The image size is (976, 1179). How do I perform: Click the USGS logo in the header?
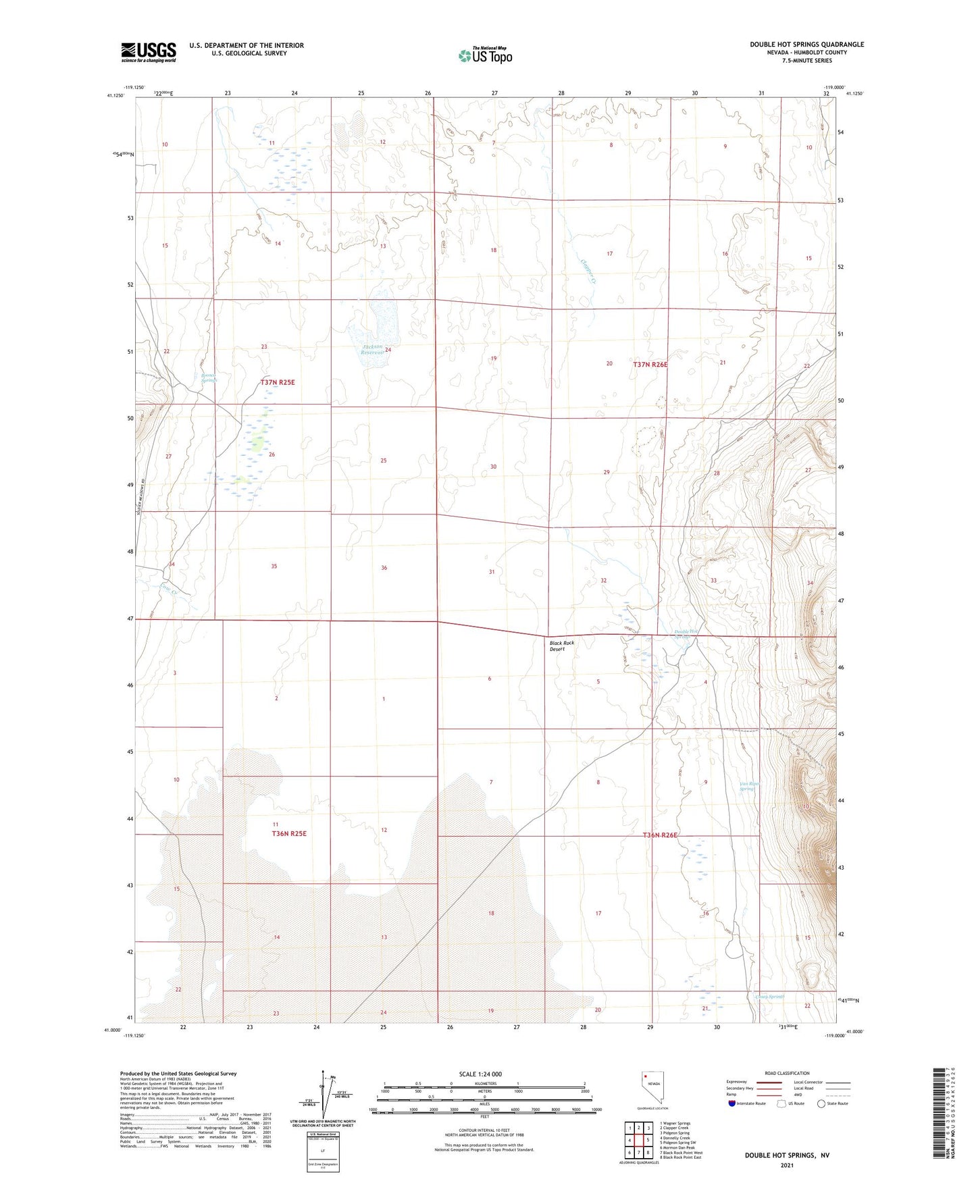(148, 52)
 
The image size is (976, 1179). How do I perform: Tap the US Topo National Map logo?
(485, 55)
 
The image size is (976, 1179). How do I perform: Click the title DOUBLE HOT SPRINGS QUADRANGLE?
(806, 45)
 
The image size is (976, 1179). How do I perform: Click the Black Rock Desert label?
(561, 646)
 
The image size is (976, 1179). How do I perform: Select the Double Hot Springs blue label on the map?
(686, 634)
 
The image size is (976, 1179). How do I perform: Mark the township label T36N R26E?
(659, 835)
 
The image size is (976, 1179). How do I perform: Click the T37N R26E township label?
(650, 365)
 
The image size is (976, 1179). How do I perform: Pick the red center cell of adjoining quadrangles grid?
(637, 1140)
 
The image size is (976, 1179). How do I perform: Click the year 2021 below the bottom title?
(787, 1165)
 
